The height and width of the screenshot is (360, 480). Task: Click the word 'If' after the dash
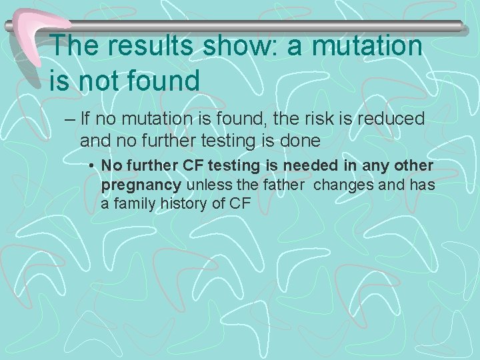pos(84,119)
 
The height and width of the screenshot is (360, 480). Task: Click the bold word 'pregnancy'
pos(141,185)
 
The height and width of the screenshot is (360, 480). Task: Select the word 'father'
pos(285,184)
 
